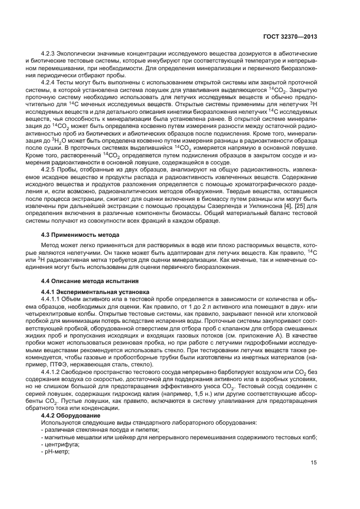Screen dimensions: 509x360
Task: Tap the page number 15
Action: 314,463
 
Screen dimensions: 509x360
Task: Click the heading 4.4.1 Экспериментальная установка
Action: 89,292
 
